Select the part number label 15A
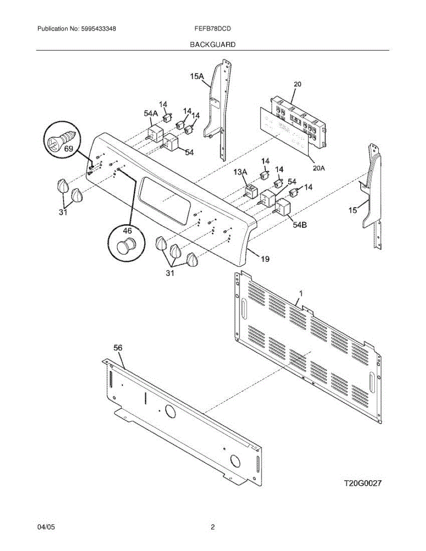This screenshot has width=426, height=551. [196, 77]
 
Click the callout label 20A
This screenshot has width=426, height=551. [319, 168]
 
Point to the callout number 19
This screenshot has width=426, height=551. [265, 259]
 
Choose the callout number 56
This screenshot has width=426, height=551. [118, 348]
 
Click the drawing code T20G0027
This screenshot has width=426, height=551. [363, 483]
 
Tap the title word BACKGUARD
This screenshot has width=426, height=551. [213, 45]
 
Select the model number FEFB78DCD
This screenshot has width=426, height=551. [213, 28]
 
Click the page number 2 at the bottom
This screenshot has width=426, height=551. [213, 528]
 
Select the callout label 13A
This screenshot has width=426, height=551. [240, 172]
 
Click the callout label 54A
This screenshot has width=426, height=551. [151, 113]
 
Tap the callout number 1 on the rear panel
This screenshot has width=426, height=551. [301, 292]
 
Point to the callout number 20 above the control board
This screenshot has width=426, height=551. [297, 84]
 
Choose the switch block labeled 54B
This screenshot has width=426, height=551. [283, 208]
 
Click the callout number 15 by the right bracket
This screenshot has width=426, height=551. [352, 210]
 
